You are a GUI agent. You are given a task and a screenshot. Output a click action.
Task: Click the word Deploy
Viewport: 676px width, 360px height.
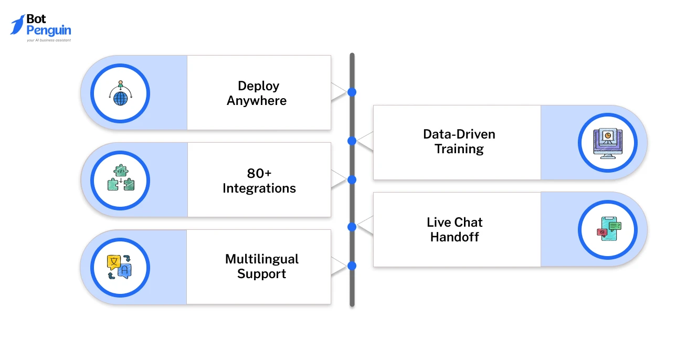pos(258,86)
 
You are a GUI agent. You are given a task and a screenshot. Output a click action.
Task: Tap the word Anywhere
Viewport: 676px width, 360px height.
pos(257,101)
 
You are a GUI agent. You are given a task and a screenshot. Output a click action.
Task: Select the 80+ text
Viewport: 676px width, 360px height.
pos(259,173)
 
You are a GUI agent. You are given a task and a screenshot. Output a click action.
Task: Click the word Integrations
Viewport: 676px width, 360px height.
pos(259,188)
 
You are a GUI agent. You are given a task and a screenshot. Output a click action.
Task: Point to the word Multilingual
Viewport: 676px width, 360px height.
pos(261,259)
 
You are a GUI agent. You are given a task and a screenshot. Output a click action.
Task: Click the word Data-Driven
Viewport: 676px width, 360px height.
pos(459,134)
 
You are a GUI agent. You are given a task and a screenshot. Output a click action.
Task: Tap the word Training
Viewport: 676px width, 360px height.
pos(459,149)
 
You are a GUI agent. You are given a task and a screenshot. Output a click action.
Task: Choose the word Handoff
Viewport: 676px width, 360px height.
pos(455,237)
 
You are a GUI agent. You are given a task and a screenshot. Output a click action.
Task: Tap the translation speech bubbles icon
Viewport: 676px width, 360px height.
pos(120,267)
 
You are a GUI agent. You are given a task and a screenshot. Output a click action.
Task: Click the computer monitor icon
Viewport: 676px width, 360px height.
pos(607,143)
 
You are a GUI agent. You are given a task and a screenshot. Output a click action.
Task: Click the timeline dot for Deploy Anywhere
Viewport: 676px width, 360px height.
pos(352,92)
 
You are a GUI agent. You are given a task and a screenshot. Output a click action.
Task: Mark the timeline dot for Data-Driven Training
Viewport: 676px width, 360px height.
pos(352,141)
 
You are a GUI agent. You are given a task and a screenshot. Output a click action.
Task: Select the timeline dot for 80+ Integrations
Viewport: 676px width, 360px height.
pos(352,179)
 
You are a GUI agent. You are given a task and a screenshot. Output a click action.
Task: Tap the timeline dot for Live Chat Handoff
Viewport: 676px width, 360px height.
pos(352,227)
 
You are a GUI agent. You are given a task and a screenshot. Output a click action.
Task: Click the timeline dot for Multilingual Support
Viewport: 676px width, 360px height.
pos(352,266)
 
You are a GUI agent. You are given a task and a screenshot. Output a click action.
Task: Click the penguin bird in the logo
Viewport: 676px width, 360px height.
pos(17,25)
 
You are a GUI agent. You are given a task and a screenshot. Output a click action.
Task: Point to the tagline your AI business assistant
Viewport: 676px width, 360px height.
pos(48,40)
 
